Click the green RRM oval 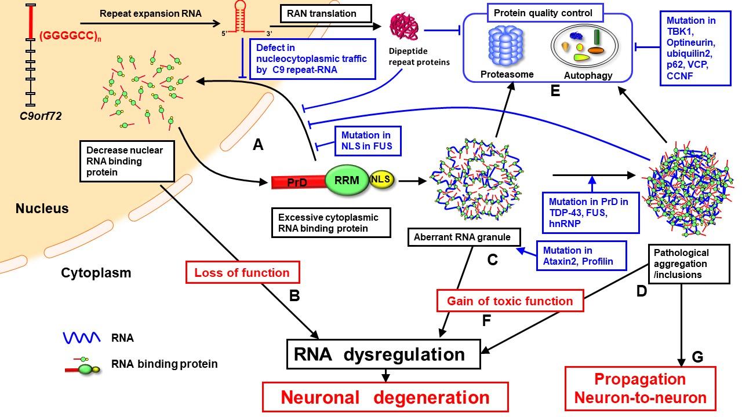(347, 180)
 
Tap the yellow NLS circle (381, 180)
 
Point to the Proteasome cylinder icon (506, 46)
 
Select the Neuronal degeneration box (385, 397)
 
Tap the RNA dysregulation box (384, 354)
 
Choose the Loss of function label (242, 272)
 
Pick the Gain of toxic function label (510, 301)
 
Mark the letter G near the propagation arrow (697, 357)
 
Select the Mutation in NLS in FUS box (366, 140)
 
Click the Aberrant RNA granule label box (463, 236)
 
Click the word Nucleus (42, 207)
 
